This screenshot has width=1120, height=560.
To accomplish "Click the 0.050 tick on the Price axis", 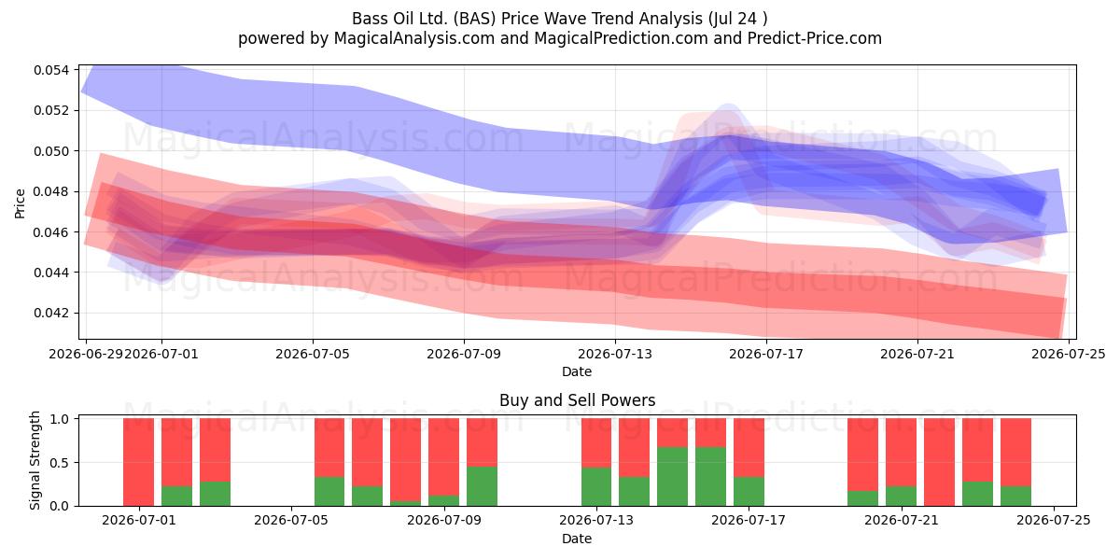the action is click(x=51, y=151).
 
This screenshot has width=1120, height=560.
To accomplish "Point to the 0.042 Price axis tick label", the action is click(x=51, y=313).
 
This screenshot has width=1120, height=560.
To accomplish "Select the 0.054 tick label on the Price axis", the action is click(x=51, y=70).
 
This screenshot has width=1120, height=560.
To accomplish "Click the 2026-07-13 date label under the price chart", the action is click(x=615, y=354).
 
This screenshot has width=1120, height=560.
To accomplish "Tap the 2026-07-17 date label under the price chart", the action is click(x=766, y=354).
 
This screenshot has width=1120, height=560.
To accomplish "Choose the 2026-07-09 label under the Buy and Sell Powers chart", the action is click(x=444, y=520).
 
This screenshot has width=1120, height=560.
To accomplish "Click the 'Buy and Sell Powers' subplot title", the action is click(x=577, y=400).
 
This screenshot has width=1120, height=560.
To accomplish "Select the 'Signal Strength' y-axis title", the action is click(x=35, y=460).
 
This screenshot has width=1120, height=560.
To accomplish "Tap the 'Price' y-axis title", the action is click(x=20, y=203).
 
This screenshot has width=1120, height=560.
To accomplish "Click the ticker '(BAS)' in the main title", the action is click(x=474, y=19).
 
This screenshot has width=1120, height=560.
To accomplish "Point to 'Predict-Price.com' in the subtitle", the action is click(x=815, y=38).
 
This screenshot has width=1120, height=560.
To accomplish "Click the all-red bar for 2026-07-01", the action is click(x=138, y=462).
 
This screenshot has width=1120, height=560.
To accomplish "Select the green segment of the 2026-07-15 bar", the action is click(x=672, y=477).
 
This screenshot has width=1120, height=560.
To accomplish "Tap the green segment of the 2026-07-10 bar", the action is click(x=482, y=486).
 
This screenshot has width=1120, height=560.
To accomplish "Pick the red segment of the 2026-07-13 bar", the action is click(x=596, y=443).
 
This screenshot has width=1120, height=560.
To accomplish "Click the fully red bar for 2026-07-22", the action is click(x=939, y=462).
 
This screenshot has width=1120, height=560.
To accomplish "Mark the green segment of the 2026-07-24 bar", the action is click(x=1015, y=496).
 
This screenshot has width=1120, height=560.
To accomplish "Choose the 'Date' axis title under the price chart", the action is click(x=577, y=371).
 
